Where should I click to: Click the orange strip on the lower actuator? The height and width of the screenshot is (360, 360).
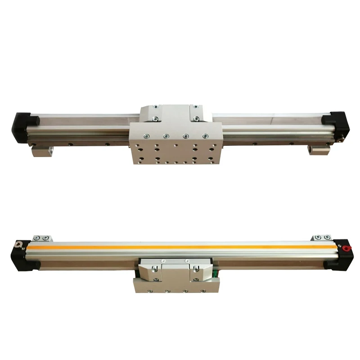coord(180,247)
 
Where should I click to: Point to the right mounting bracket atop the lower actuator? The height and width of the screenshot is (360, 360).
coord(321,238)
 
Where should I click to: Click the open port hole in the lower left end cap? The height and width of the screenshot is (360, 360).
coord(19,246)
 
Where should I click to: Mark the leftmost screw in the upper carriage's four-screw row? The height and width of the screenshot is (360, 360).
coord(146,136)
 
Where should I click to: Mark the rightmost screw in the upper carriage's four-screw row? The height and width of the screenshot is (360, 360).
coord(205,135)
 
